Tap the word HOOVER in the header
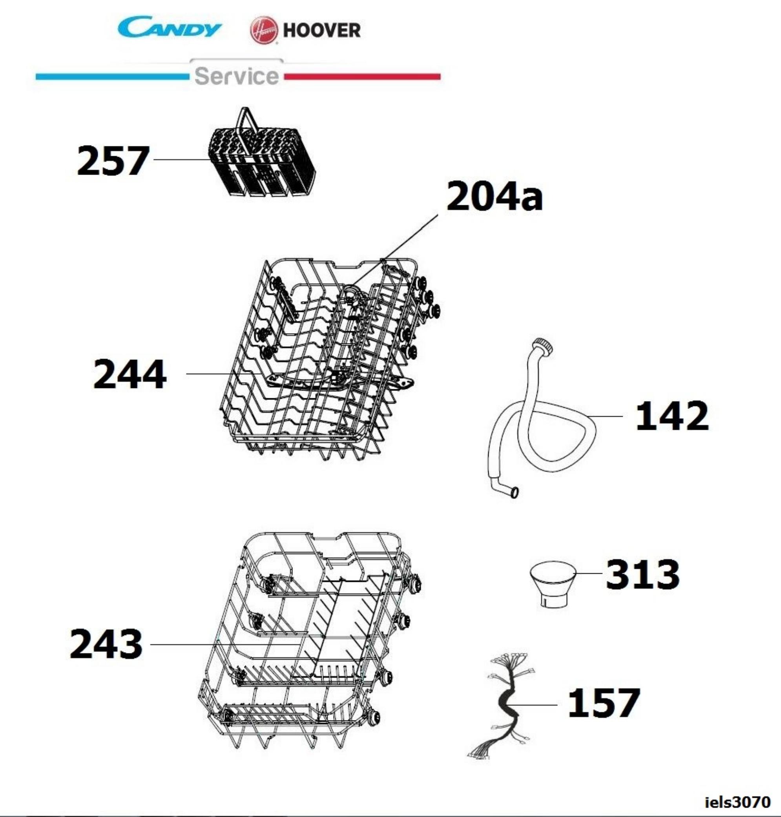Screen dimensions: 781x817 click(322, 30)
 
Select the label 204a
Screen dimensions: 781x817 click(494, 197)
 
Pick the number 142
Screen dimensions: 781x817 click(672, 416)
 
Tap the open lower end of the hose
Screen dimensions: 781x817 click(515, 492)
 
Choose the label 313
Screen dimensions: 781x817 click(643, 574)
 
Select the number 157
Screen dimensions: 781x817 click(604, 703)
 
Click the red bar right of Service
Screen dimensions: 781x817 click(362, 77)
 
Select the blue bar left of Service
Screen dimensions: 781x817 click(112, 77)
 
